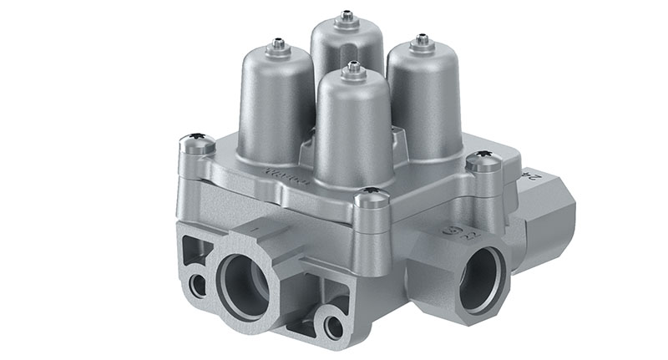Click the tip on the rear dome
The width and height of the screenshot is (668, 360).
coord(346,14)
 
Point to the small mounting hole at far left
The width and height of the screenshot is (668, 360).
coord(197,285)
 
